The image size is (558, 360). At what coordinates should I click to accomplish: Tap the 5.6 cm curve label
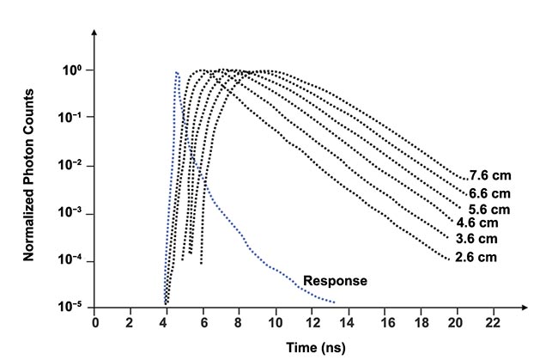(490, 210)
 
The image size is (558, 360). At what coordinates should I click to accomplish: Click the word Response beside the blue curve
(336, 281)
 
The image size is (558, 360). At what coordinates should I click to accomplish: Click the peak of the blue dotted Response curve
(176, 73)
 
